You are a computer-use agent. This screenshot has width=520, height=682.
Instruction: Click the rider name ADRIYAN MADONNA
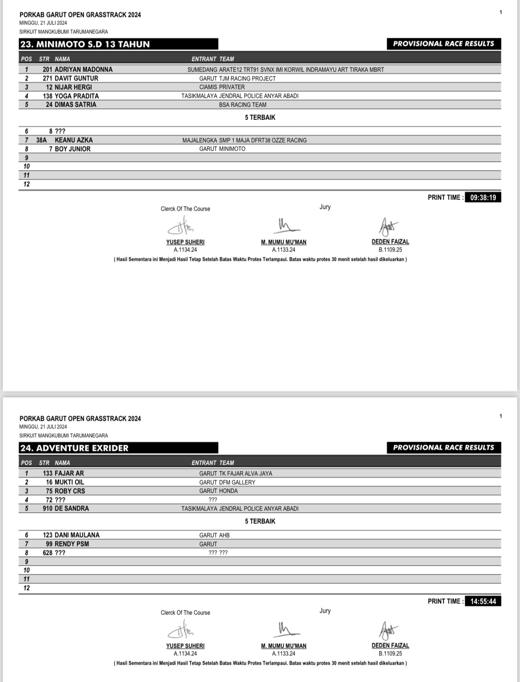(84, 69)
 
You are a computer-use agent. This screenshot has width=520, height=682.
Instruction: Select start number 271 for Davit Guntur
(48, 78)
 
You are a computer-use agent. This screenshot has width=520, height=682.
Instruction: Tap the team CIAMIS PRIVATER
(222, 87)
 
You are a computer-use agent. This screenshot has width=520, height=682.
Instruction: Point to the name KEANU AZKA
(74, 140)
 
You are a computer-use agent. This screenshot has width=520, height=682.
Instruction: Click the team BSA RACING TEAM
(243, 105)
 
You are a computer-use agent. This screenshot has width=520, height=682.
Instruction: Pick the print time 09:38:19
(483, 198)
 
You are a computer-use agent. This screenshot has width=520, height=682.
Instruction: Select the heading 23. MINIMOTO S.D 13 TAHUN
(85, 44)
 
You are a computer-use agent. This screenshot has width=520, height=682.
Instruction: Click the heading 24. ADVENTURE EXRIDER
(74, 448)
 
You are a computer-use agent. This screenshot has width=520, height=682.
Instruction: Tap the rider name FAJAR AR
(69, 473)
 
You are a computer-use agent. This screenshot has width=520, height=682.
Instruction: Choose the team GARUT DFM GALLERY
(227, 482)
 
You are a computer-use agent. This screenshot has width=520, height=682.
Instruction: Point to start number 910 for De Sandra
(48, 508)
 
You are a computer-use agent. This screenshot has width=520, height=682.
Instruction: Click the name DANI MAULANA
(77, 535)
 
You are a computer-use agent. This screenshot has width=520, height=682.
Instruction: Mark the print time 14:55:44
(483, 602)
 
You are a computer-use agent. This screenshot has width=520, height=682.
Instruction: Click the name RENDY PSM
(72, 544)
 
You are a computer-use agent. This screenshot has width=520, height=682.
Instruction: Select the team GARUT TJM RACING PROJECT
(237, 78)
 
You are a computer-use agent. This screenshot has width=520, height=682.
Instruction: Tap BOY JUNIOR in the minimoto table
(72, 149)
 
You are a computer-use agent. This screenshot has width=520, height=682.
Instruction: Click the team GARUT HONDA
(218, 491)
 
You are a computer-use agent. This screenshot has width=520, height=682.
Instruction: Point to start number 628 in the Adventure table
(48, 553)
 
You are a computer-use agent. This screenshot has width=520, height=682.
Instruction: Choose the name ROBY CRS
(70, 491)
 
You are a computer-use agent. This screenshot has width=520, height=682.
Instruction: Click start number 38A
(41, 140)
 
